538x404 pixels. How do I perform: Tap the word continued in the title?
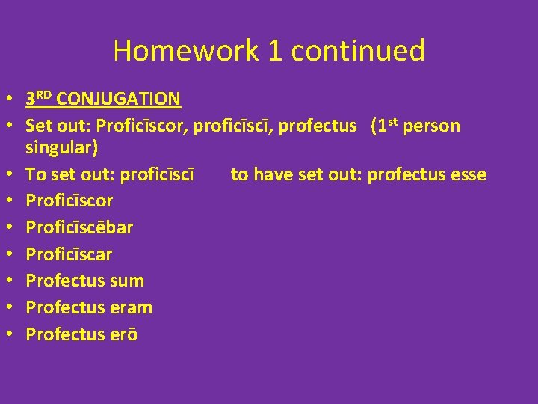(358, 51)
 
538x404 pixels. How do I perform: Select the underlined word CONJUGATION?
(118, 99)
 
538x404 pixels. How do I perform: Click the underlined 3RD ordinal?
(39, 98)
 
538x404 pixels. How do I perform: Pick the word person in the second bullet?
(434, 126)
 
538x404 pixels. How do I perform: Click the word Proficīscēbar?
(79, 227)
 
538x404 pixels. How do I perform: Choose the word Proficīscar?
(69, 254)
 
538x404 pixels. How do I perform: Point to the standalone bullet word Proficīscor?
(69, 201)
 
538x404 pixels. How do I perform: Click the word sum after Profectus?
(127, 281)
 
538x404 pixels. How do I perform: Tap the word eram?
(131, 307)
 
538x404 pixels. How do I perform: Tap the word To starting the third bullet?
(35, 175)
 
